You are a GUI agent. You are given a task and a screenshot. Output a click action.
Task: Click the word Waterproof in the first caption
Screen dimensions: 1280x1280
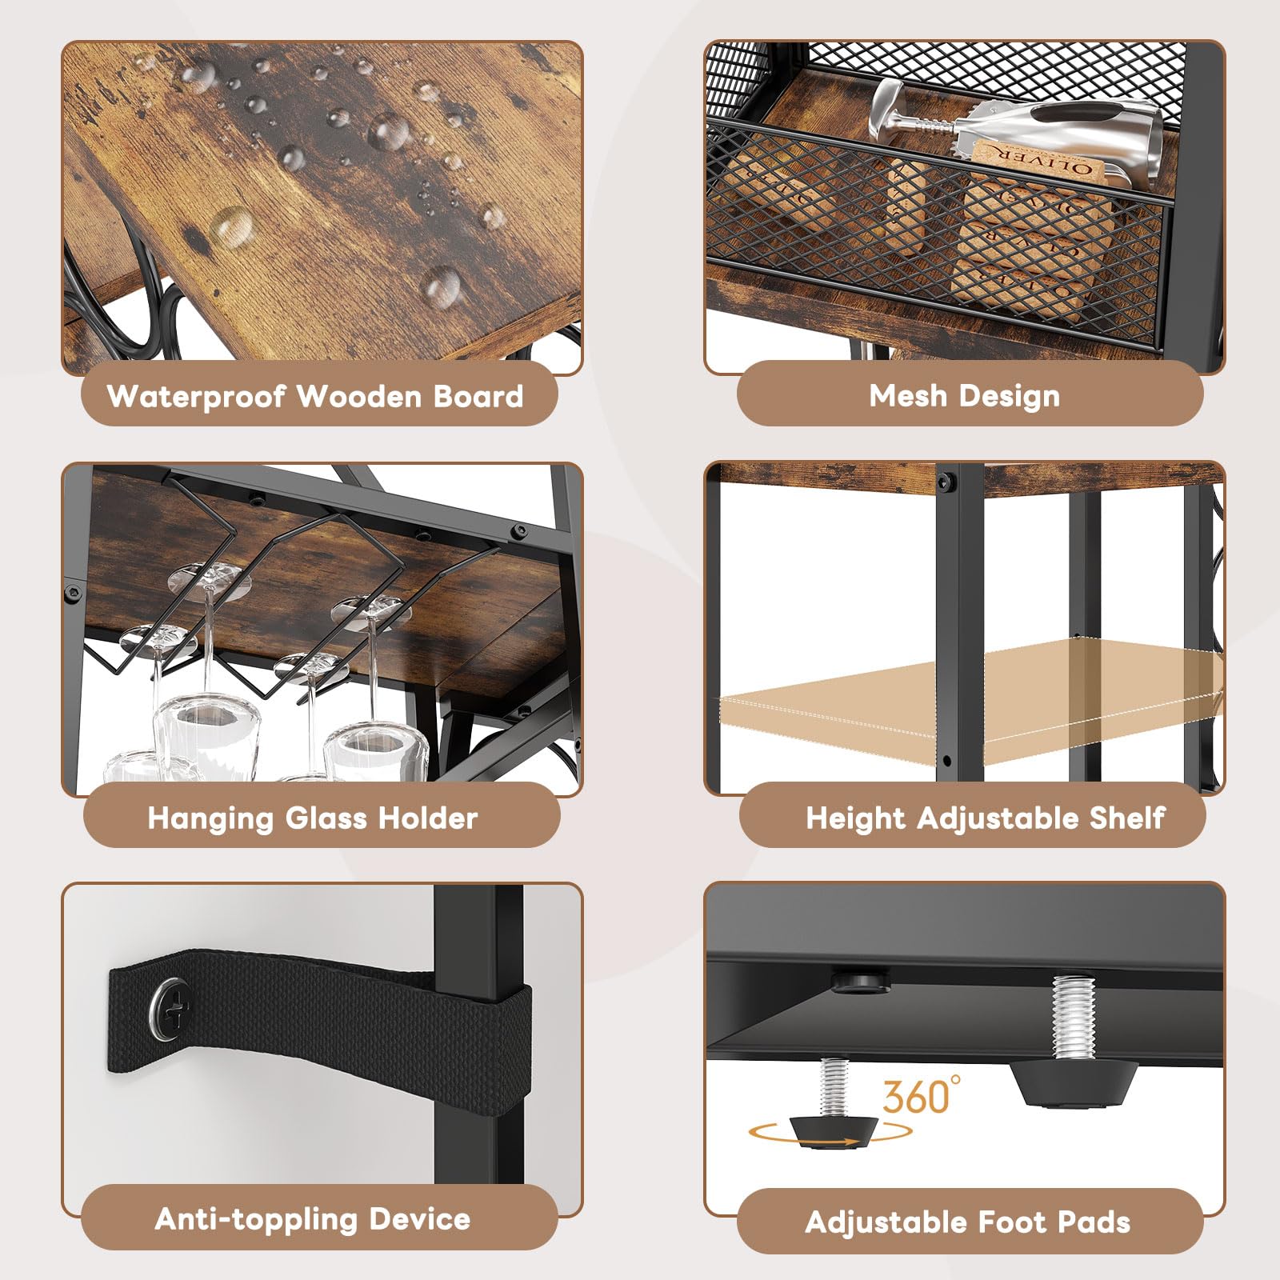[x=196, y=396]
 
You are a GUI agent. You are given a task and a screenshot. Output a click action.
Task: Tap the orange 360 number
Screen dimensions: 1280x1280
[x=916, y=1097]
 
